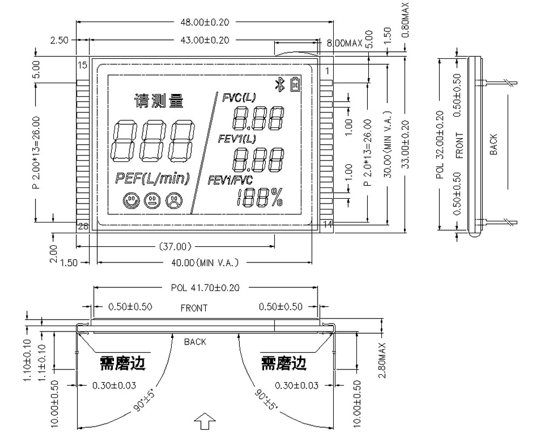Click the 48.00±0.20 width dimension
(x=204, y=22)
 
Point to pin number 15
(x=83, y=66)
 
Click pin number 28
(x=83, y=226)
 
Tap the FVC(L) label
(x=239, y=97)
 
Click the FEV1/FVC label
(x=230, y=180)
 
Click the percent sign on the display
(x=276, y=199)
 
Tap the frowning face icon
(x=173, y=201)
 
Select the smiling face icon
(x=130, y=201)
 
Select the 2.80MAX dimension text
(x=382, y=360)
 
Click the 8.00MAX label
(x=343, y=43)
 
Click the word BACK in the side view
(x=493, y=145)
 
